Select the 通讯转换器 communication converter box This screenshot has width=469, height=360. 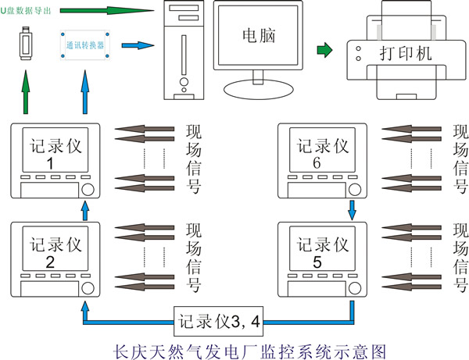84,45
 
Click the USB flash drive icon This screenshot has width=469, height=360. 25,45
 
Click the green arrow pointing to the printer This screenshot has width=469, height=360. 323,52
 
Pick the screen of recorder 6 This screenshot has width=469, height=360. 317,148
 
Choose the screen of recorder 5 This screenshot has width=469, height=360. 317,250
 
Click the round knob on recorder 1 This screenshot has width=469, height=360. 88,190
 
